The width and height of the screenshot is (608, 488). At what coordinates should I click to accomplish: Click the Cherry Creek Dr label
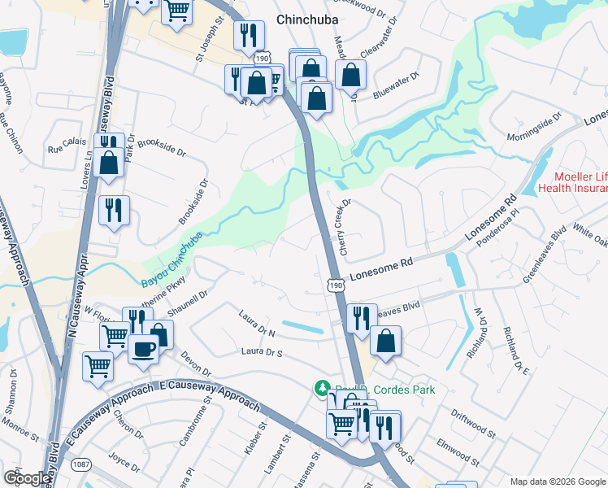(345, 227)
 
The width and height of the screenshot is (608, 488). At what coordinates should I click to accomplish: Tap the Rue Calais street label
(67, 149)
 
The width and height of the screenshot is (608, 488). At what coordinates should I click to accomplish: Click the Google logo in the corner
(26, 477)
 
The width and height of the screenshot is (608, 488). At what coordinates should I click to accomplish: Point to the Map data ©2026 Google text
(557, 481)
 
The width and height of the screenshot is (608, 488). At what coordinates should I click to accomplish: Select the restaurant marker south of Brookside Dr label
(114, 211)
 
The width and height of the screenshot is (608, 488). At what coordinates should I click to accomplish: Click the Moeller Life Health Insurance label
(580, 183)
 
